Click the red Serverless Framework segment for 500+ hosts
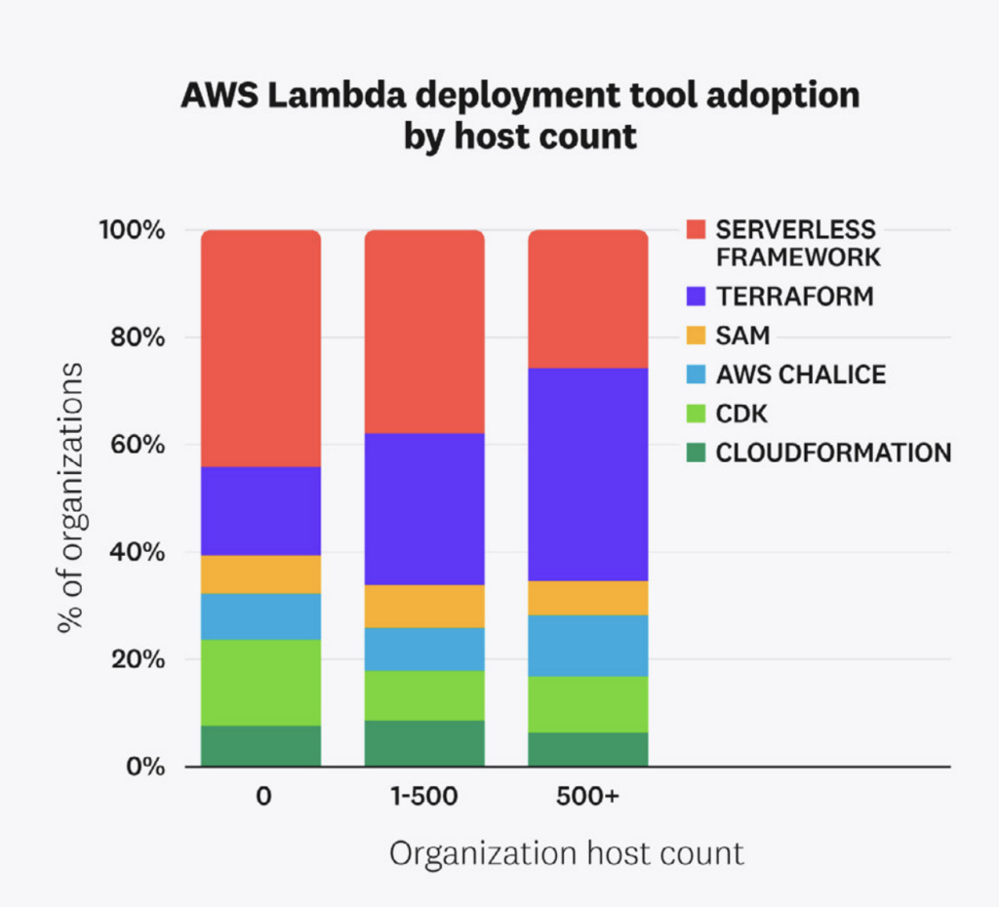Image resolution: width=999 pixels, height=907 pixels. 587,298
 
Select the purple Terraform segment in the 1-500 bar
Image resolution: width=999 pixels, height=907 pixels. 424,508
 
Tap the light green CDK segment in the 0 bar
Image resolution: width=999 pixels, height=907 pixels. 260,682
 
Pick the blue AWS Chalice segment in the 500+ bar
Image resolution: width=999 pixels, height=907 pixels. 587,645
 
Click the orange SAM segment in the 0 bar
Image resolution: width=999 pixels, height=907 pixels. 260,573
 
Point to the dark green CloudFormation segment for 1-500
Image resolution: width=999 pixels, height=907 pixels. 424,743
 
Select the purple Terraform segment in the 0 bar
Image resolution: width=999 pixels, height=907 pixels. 260,510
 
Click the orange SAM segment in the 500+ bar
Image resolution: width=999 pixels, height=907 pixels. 587,597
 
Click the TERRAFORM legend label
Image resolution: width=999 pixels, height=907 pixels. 795,296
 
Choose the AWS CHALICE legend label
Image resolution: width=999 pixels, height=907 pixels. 801,375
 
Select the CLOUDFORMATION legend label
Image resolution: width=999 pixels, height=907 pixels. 833,453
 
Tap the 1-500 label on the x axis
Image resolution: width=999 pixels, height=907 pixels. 424,796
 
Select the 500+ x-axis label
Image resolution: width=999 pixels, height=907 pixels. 587,796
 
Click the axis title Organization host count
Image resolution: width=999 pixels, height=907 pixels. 567,853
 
